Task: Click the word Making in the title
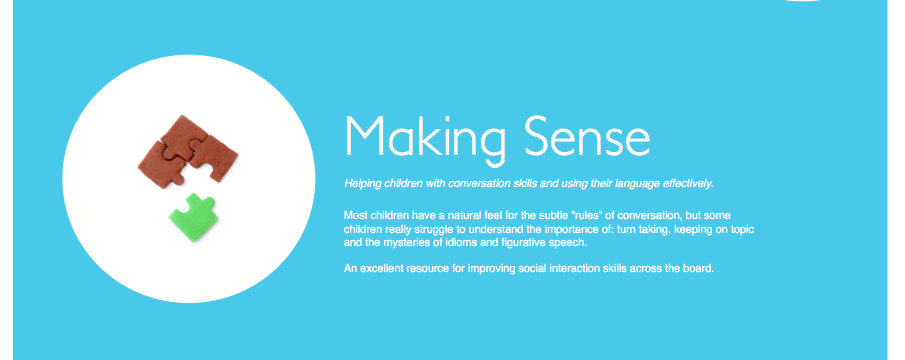click(x=426, y=138)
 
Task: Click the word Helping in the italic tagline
click(x=362, y=184)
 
